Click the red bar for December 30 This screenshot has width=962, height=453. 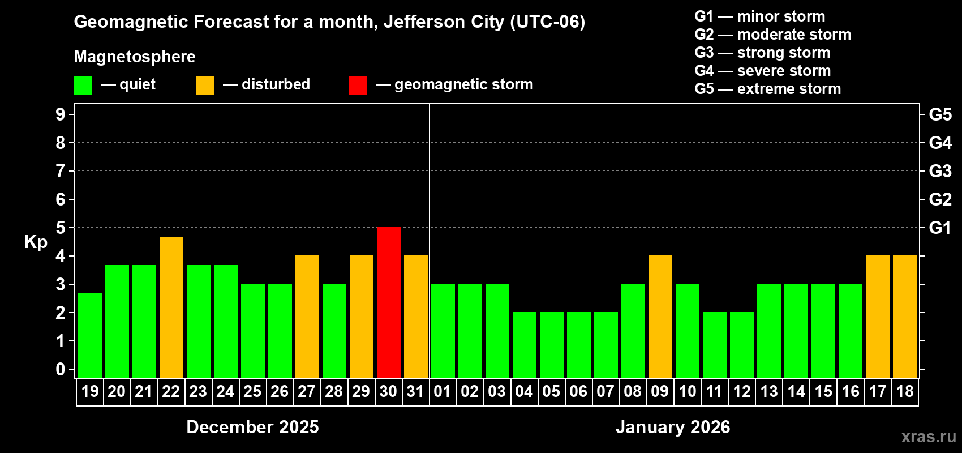389,303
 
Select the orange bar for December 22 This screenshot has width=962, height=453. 171,307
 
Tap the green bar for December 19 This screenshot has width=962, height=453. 90,336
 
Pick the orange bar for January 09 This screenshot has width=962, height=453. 660,317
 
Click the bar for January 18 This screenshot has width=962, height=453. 905,317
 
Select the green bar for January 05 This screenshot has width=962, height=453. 552,345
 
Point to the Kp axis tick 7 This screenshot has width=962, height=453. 61,171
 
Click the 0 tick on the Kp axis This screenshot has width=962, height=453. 61,369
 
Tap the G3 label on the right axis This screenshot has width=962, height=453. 940,171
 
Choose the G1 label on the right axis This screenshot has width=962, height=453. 940,228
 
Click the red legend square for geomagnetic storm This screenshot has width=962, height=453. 358,86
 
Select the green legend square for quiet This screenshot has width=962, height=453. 83,86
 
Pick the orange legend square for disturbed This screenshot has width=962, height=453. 205,86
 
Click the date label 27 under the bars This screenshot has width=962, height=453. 307,392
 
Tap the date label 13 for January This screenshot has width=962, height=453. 769,392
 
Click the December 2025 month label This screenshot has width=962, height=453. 252,427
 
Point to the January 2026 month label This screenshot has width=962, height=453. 673,427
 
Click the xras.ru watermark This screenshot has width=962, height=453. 929,437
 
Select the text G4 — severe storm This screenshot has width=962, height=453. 763,71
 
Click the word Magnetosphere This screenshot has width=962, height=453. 135,57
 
